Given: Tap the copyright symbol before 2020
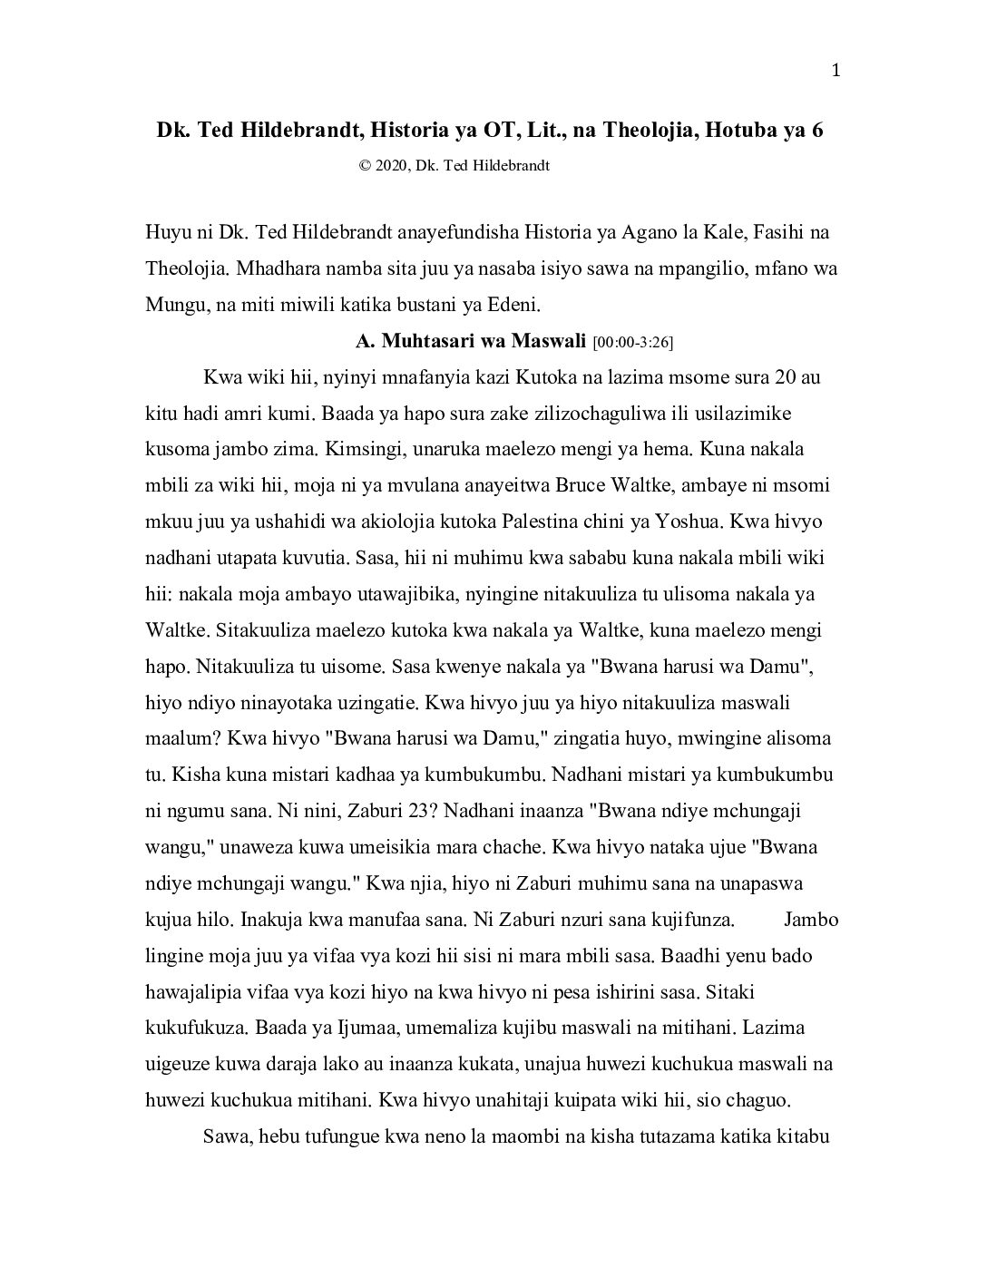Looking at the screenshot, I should (365, 166).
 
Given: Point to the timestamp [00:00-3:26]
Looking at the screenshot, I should (632, 342).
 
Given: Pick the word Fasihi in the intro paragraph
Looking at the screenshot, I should (783, 231).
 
